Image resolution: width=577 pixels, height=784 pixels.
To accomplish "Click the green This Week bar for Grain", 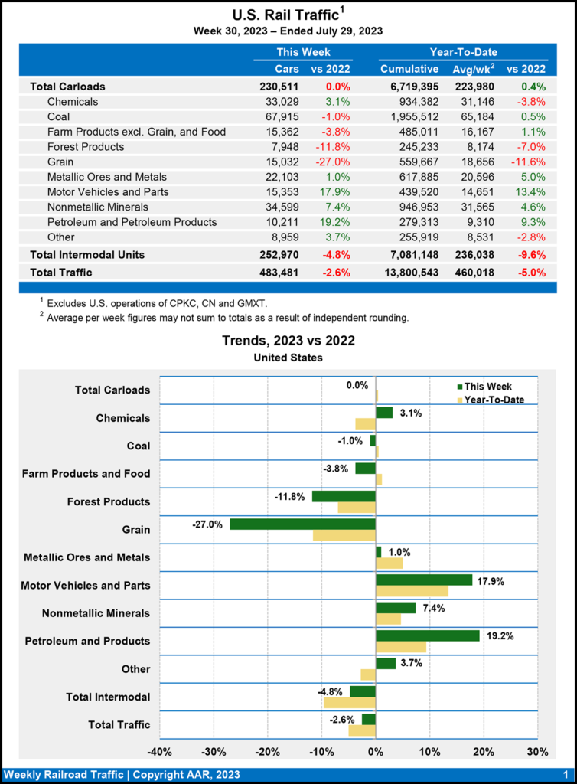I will pos(302,524).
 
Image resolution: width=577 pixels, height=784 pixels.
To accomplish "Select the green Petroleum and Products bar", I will pos(427,635).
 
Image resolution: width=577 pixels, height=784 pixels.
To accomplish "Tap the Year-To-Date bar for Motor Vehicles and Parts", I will pos(412,591).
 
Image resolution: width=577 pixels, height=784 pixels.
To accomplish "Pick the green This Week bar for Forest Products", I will pos(344,496).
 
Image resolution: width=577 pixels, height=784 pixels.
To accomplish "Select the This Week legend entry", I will pos(487,387).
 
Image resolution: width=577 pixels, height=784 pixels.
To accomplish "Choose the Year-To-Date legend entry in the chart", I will pos(493,400).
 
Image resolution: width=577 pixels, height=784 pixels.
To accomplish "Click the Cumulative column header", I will pos(409,70).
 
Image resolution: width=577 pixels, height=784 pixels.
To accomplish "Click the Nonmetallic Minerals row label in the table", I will pos(104,207).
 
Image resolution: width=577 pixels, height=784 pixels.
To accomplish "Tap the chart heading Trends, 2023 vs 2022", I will pos(288,341).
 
